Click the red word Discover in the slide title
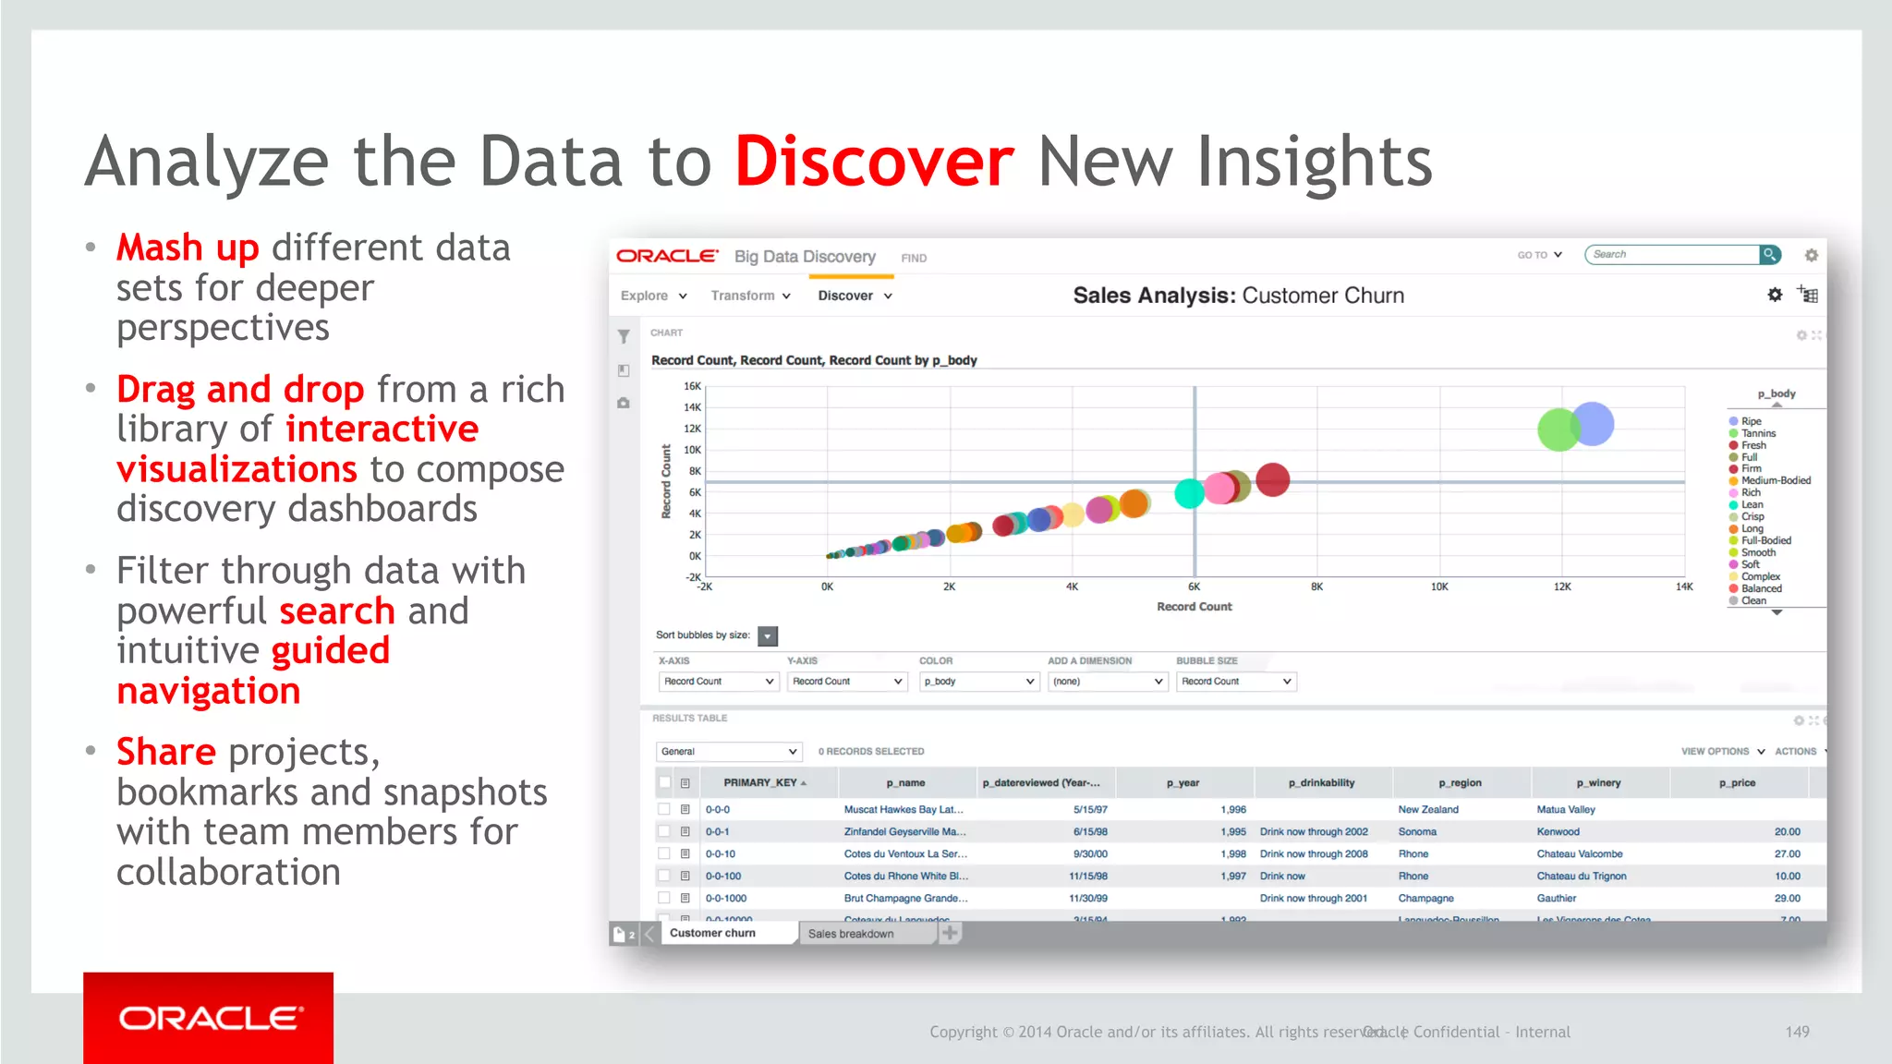[x=874, y=163]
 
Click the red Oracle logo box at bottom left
[x=208, y=1017]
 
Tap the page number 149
[x=1797, y=1032]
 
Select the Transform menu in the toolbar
[x=750, y=296]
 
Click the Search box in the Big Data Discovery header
[x=1672, y=255]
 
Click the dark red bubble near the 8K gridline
[x=1273, y=479]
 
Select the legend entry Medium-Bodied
[x=1775, y=480]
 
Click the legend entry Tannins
[x=1758, y=433]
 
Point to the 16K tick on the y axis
[x=692, y=386]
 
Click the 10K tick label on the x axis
[x=1439, y=586]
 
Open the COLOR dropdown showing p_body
[x=979, y=682]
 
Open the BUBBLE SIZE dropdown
[x=1236, y=682]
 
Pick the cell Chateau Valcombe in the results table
[x=1579, y=854]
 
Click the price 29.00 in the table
[x=1787, y=899]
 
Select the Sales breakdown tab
[x=851, y=934]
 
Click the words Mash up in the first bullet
[x=188, y=248]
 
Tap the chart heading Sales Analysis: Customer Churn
[x=1238, y=296]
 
